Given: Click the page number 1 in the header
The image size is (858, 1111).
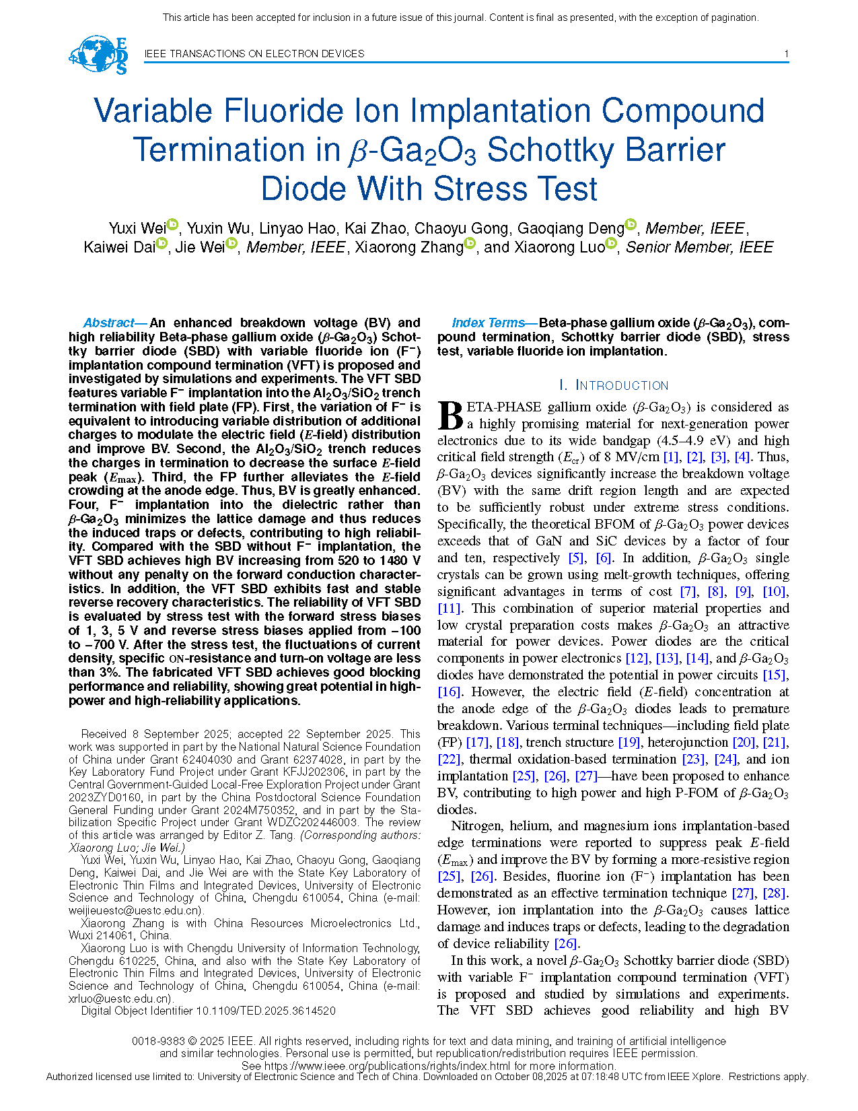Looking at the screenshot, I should click(x=786, y=54).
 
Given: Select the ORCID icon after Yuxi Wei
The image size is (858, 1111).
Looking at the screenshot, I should click(x=172, y=224).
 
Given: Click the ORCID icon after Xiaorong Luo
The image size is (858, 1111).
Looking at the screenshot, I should click(x=611, y=243).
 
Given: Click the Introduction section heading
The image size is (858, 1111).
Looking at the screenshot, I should click(x=614, y=385).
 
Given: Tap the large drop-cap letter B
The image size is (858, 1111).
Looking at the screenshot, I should click(x=450, y=415).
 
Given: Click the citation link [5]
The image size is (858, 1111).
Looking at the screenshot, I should click(x=575, y=558).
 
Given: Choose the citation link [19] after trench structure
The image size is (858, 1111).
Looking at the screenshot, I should click(x=629, y=742).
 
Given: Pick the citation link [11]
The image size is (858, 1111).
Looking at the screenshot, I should click(x=449, y=608).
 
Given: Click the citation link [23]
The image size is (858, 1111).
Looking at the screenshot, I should click(x=693, y=759).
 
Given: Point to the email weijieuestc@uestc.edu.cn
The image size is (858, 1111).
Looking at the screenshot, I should click(x=135, y=910).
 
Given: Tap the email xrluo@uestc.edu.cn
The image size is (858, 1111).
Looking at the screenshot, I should click(x=121, y=999).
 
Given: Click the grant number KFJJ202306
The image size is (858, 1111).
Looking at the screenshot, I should click(x=313, y=772).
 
